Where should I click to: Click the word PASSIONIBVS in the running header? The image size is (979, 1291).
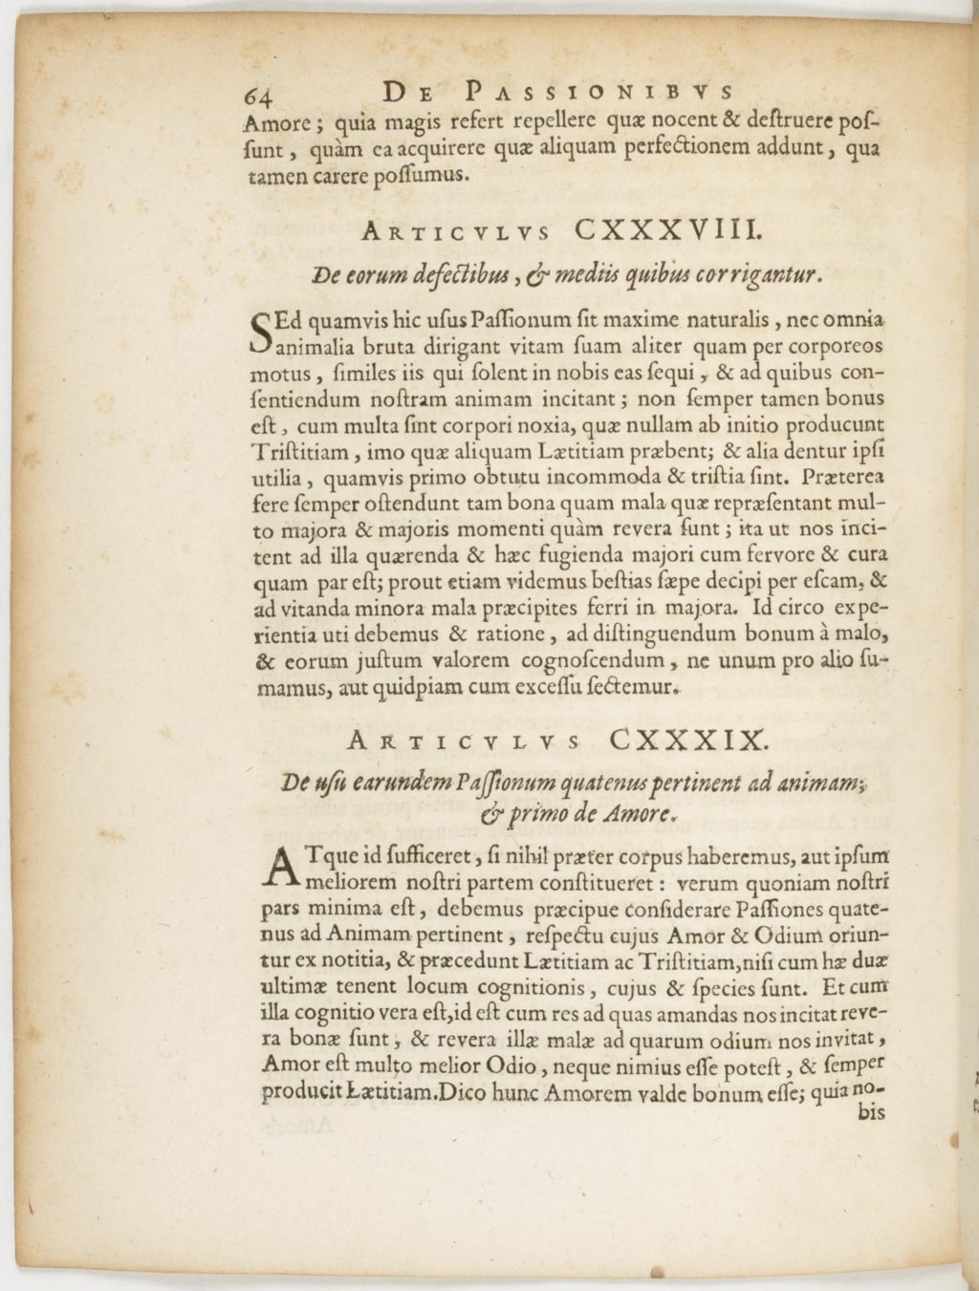click(x=601, y=93)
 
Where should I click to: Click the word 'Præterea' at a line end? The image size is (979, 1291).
click(x=845, y=476)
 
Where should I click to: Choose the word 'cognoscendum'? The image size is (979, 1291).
click(x=592, y=660)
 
